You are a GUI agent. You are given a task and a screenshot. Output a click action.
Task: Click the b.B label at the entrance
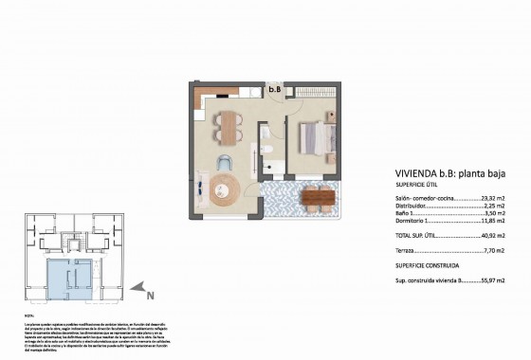275,90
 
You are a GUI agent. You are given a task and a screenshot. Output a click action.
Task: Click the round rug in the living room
227,189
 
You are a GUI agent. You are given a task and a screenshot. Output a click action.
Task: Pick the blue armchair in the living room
228,161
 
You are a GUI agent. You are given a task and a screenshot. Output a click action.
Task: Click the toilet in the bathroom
268,152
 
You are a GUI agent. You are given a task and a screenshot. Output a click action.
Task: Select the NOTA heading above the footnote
28,315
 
